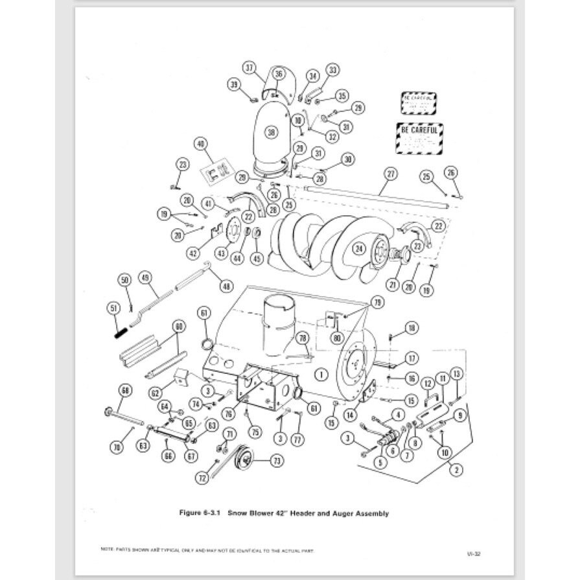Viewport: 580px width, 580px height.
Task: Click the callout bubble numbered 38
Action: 271,133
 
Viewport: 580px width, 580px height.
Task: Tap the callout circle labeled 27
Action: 390,173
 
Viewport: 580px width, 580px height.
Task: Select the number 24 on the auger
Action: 357,247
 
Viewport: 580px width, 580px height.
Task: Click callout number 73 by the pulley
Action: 277,461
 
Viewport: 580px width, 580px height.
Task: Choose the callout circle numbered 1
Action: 320,374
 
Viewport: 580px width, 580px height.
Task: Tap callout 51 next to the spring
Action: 114,308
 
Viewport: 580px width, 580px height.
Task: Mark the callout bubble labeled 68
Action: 125,390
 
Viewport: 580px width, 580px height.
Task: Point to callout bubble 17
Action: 412,358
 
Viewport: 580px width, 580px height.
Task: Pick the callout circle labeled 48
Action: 226,285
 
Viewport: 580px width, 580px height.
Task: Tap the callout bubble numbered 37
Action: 250,68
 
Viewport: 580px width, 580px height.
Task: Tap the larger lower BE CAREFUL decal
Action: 419,138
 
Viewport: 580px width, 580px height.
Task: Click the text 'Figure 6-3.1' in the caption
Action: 200,513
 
